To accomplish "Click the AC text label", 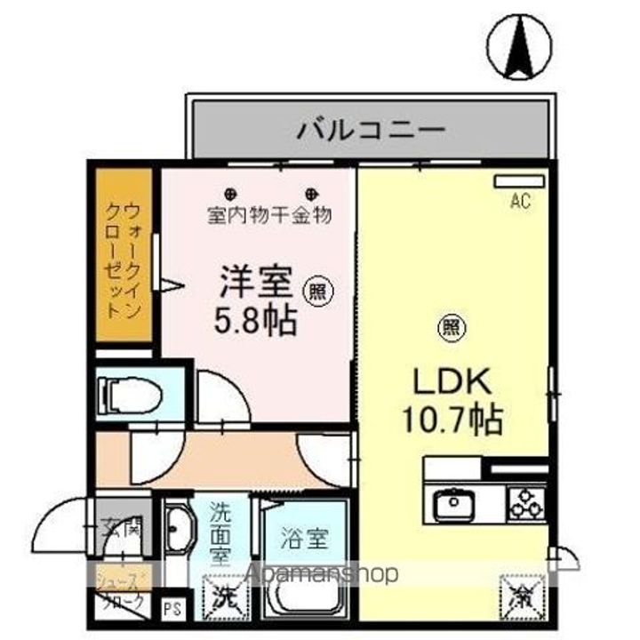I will point(520,202).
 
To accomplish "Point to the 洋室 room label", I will point(256,284).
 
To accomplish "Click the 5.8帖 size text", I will point(256,320).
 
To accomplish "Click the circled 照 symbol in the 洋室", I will point(316,288).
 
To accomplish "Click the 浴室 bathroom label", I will point(305,538).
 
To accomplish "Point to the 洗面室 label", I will point(221,533).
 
